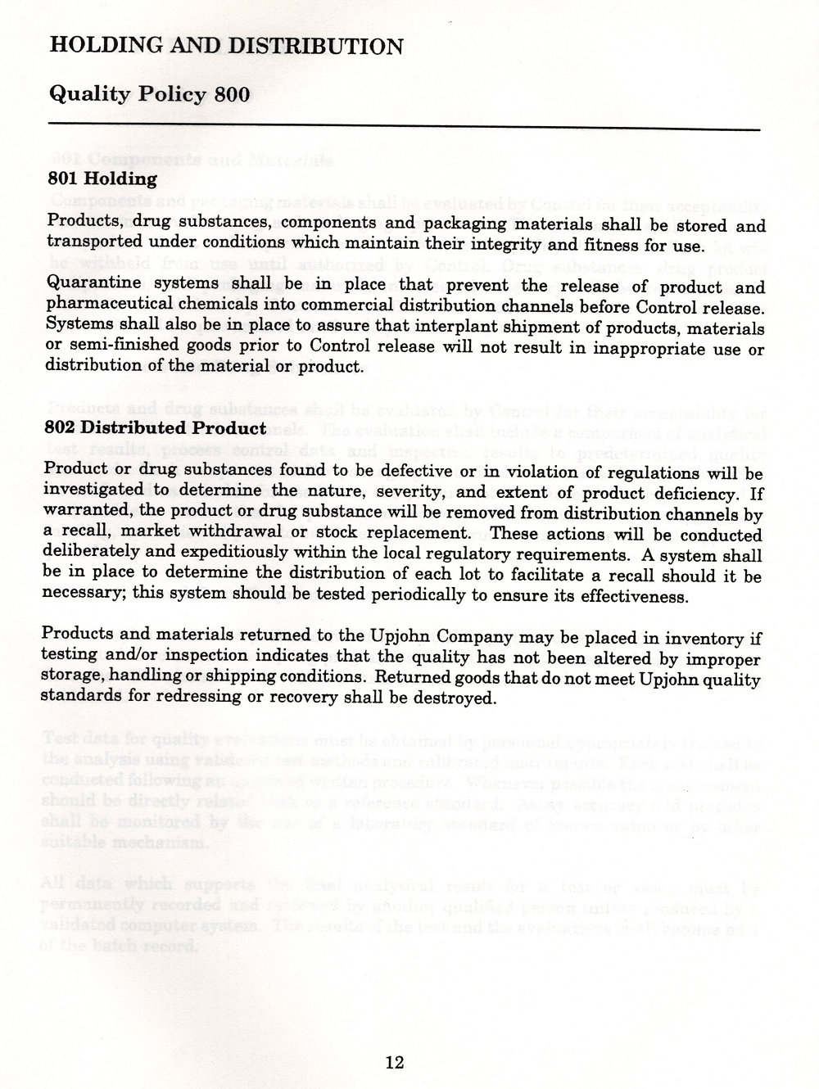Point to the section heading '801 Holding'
[102, 178]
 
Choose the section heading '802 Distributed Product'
[157, 428]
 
